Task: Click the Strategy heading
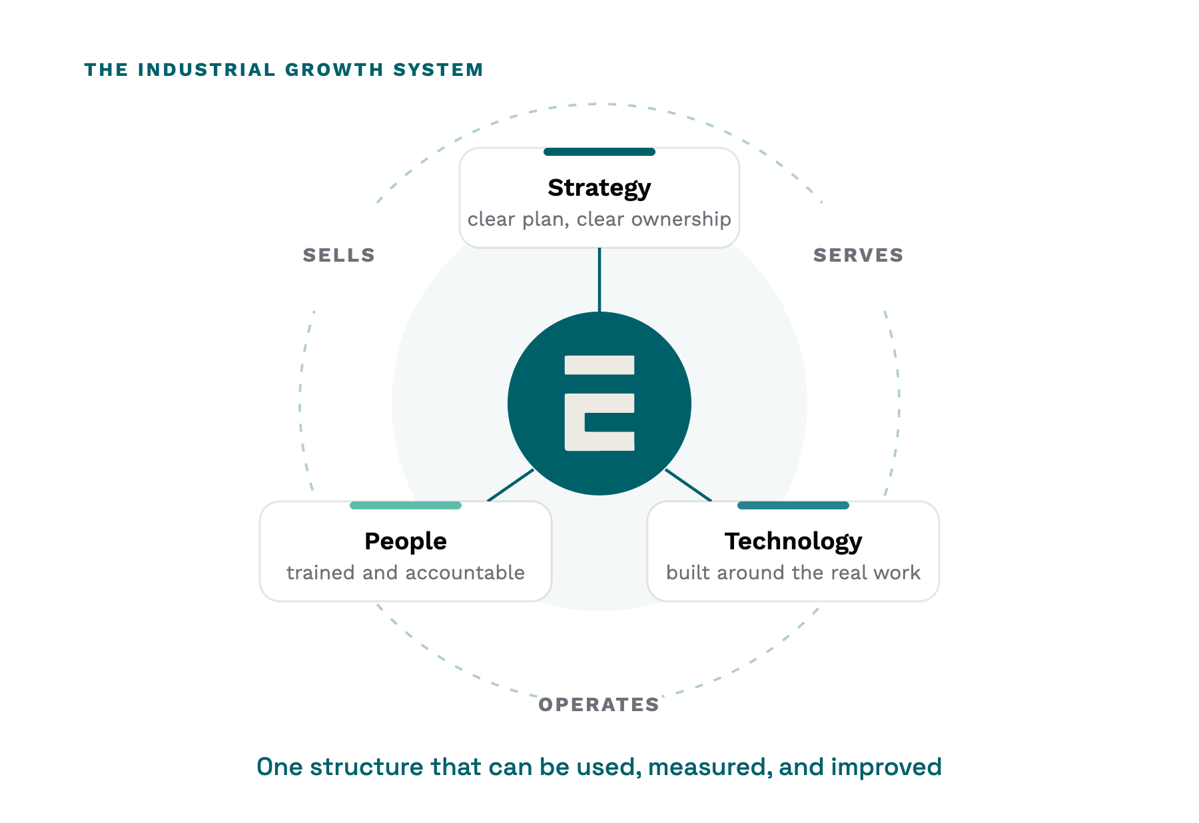(599, 188)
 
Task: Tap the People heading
(405, 541)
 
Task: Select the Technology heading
(793, 542)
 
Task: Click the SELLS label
(339, 255)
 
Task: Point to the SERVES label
(858, 255)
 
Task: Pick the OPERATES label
(599, 704)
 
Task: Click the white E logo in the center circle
(599, 403)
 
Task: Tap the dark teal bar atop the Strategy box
(599, 152)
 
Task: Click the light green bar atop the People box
(406, 505)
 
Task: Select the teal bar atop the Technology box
(793, 505)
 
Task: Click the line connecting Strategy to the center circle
(599, 280)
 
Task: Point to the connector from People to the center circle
(511, 485)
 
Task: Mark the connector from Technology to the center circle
(689, 485)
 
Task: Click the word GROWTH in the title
(334, 70)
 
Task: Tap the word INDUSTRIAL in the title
(206, 70)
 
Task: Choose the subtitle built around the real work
(793, 573)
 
